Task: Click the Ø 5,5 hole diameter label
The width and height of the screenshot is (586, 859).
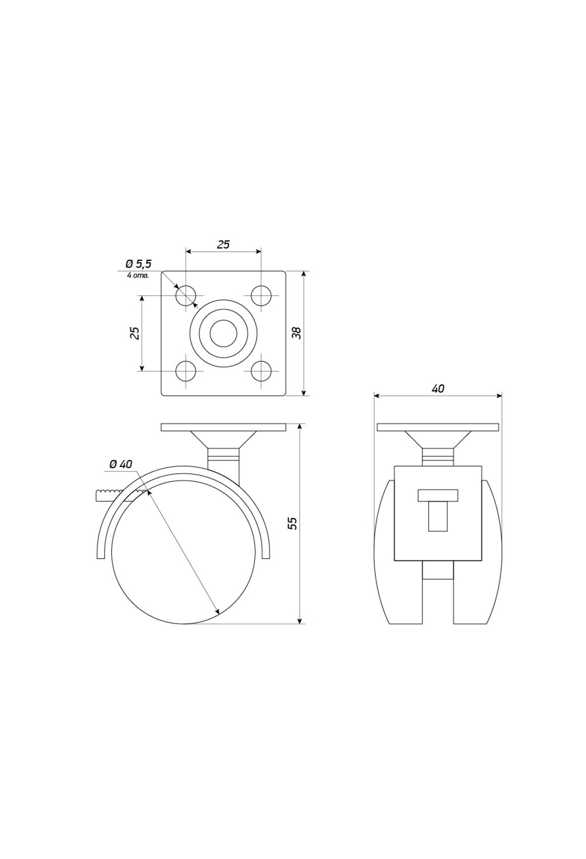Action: tap(139, 264)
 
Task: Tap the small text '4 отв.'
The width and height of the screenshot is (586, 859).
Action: tap(138, 275)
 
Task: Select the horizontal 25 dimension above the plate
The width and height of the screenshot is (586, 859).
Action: tap(223, 245)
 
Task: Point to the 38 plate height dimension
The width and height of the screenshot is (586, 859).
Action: tap(296, 332)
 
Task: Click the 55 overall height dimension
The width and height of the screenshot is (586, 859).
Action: tap(292, 523)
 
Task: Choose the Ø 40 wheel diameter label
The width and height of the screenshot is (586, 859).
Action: tap(121, 464)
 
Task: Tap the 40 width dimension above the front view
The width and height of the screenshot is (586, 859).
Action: tap(438, 389)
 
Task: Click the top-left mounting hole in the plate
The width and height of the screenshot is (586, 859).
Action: tap(186, 296)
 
